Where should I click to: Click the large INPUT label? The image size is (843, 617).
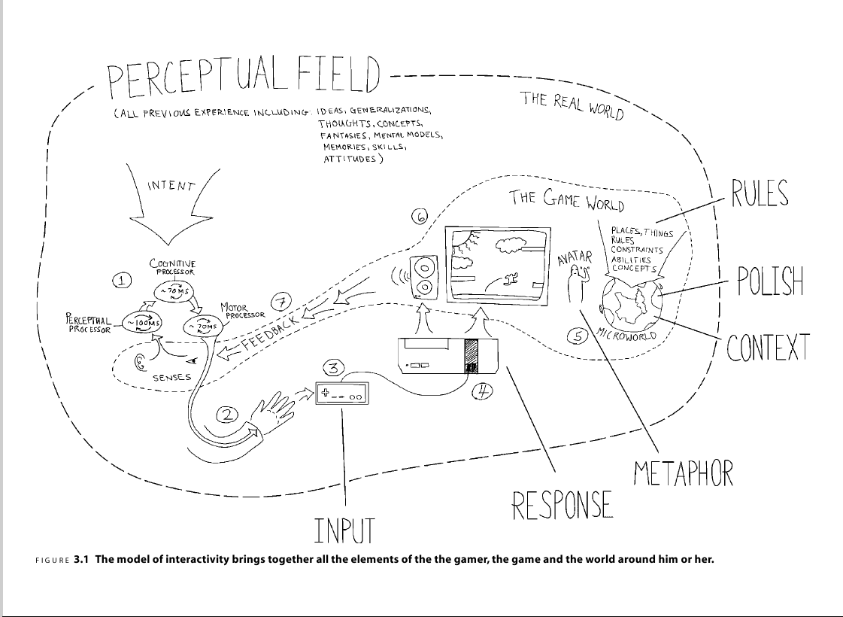point(344,530)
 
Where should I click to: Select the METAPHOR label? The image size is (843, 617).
point(683,473)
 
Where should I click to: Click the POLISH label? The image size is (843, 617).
point(770,281)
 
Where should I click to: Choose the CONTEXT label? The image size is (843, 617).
point(768,348)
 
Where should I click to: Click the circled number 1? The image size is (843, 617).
point(123,281)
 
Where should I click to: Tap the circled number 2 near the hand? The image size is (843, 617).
point(229,414)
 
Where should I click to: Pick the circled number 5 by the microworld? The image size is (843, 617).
point(578,337)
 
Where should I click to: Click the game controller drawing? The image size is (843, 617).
point(342,393)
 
